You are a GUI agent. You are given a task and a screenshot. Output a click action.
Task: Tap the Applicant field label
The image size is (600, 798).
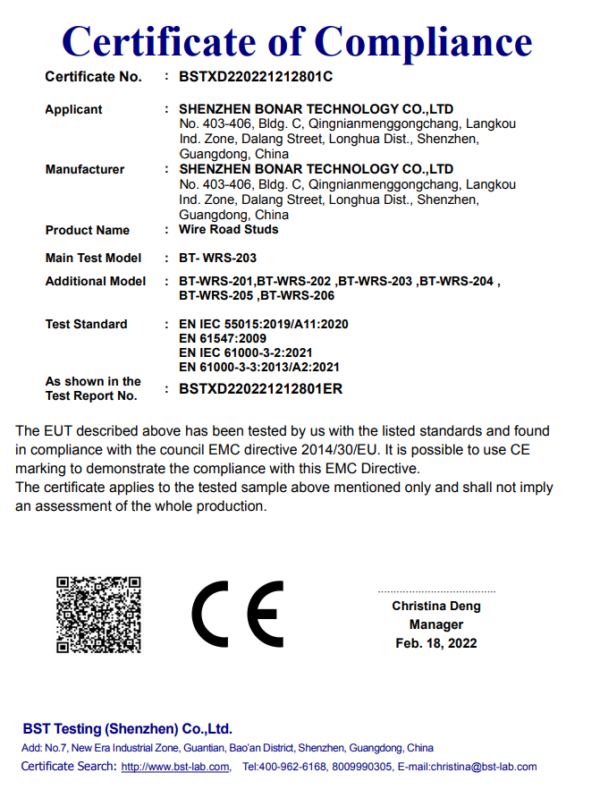73,110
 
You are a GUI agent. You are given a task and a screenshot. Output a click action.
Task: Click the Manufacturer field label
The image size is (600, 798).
84,169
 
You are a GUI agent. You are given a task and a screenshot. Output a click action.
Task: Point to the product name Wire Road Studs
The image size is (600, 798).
228,229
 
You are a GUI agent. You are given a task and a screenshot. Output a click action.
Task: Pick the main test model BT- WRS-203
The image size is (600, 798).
217,258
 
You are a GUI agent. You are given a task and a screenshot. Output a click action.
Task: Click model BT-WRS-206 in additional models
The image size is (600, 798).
298,294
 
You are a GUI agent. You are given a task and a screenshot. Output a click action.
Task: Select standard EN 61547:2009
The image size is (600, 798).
223,338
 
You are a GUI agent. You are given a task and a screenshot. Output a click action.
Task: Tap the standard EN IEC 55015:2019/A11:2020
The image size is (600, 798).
263,324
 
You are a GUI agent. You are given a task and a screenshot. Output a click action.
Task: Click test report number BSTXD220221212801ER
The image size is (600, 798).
260,388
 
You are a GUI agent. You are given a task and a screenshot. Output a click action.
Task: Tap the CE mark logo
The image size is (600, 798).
237,615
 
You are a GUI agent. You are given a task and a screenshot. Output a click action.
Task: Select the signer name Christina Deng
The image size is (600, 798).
435,606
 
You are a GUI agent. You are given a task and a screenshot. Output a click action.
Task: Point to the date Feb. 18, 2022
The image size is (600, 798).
435,643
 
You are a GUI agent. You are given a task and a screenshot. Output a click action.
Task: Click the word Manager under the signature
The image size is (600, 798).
435,624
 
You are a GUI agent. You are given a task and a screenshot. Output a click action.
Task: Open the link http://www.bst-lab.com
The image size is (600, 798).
174,767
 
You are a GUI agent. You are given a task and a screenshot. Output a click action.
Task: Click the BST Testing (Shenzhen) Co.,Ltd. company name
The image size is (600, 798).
127,728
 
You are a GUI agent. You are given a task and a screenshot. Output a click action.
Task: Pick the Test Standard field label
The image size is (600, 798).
86,324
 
